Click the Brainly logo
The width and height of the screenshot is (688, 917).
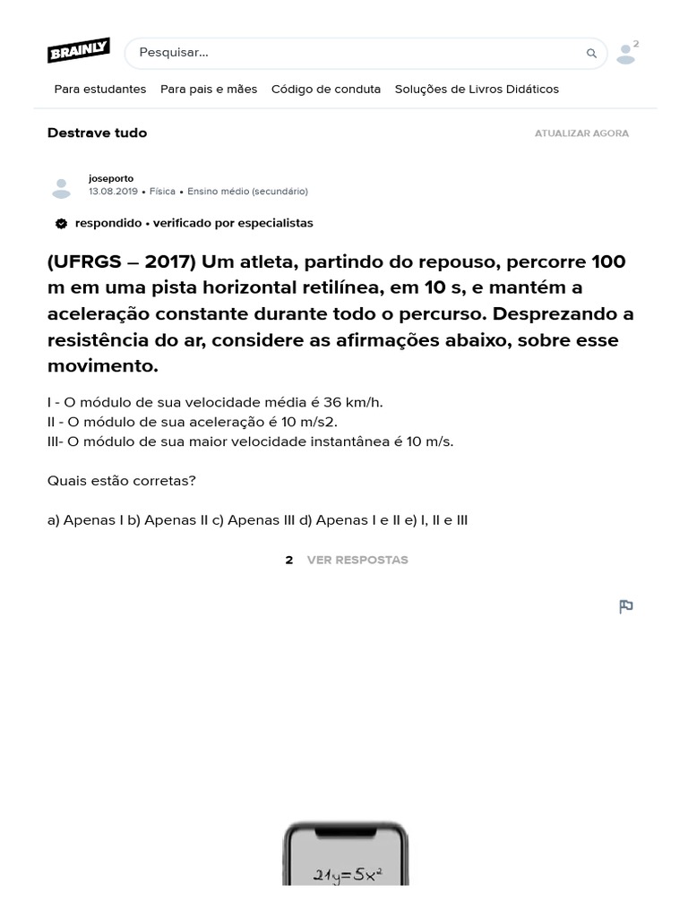79,51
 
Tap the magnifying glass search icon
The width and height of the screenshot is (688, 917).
591,54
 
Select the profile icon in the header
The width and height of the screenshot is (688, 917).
626,54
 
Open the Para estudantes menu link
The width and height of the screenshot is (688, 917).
100,90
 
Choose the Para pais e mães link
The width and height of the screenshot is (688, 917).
209,90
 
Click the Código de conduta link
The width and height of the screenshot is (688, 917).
326,90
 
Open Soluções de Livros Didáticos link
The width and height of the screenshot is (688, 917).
477,90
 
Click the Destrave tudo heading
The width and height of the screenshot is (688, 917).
97,133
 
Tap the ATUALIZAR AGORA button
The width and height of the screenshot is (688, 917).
581,133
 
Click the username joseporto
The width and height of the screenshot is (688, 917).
111,178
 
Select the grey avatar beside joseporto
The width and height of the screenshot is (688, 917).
61,186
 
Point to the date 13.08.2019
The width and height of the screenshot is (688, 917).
113,192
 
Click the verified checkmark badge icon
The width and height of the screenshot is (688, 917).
61,223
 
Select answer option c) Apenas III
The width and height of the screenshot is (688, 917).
261,519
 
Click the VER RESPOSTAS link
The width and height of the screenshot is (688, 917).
357,560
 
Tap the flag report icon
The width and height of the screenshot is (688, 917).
626,606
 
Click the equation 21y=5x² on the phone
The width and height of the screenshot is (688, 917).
348,875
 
